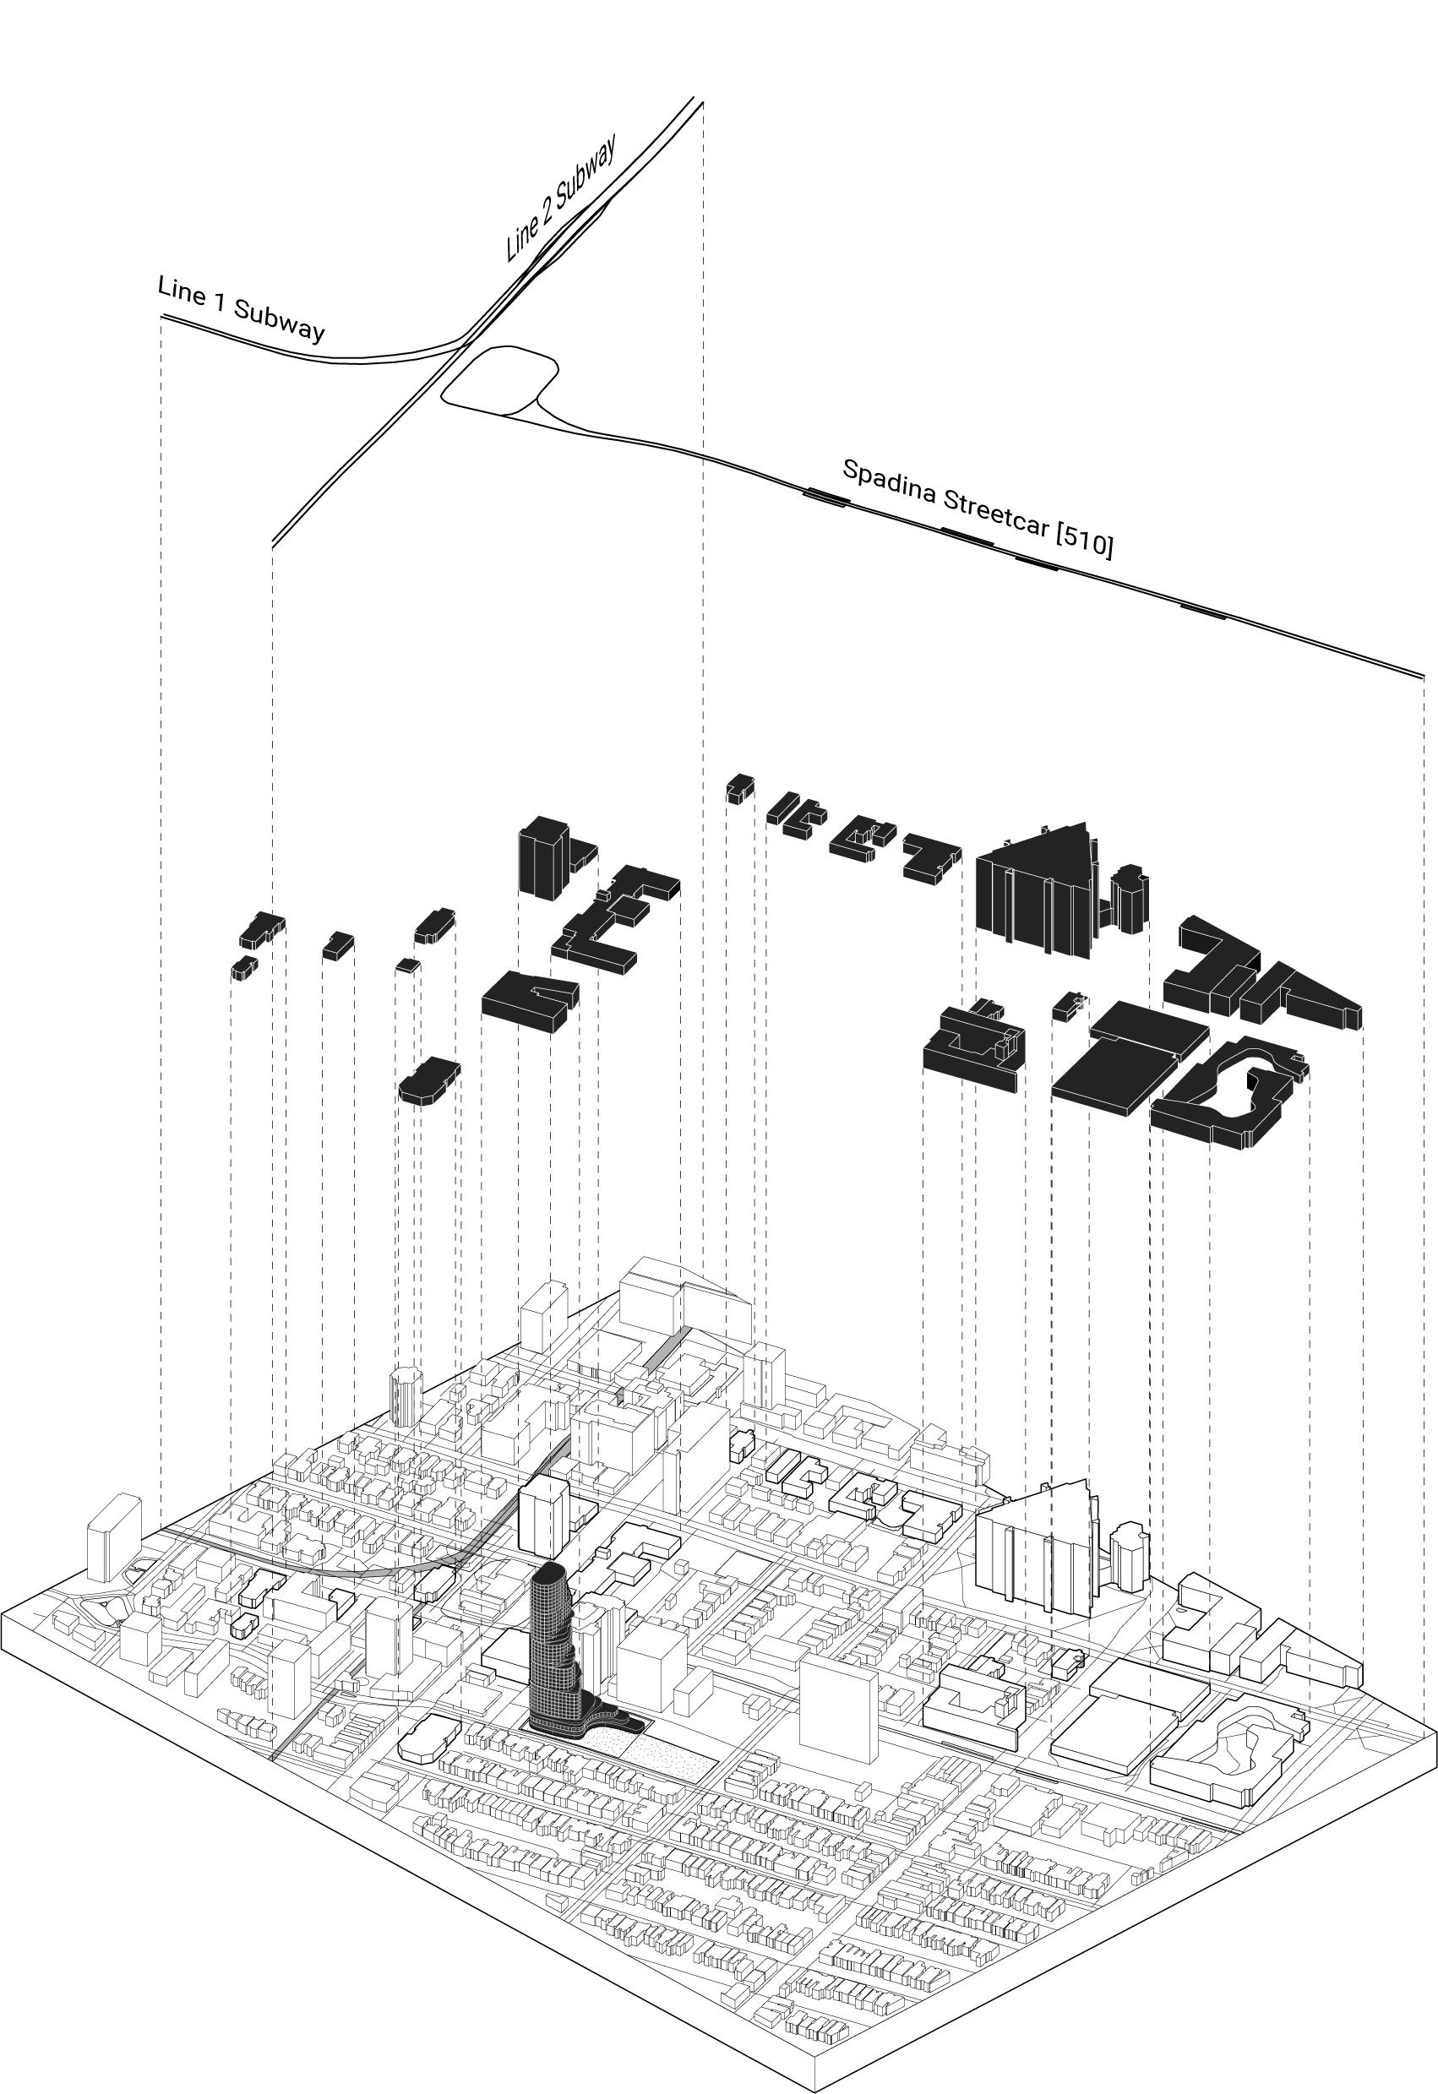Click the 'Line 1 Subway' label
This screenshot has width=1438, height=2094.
(x=241, y=310)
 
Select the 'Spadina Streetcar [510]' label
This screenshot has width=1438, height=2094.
(x=978, y=508)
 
